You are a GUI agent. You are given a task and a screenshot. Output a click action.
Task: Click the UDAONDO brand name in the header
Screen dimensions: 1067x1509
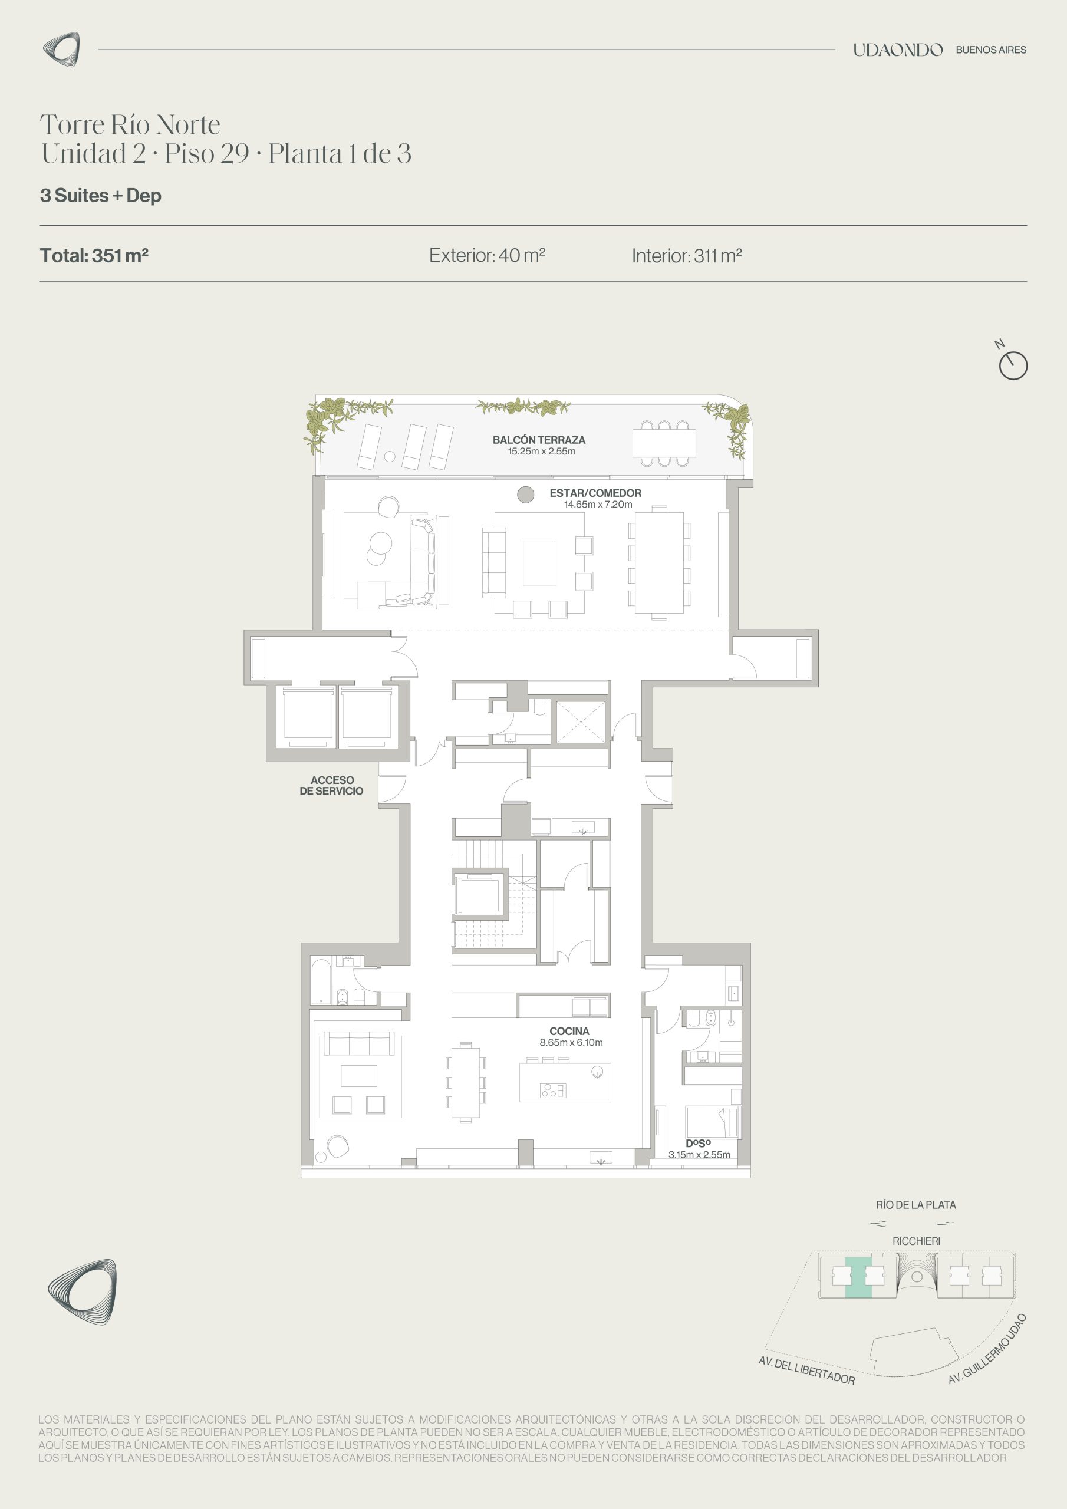coord(897,50)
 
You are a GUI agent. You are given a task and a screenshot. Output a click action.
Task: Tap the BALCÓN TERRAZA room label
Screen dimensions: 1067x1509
coord(539,440)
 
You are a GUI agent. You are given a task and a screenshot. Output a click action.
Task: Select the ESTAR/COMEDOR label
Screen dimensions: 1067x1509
coord(595,493)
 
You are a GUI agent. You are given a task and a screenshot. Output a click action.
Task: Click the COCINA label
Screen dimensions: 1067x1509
coord(569,1031)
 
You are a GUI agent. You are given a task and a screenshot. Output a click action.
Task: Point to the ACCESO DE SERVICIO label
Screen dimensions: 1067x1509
coord(331,785)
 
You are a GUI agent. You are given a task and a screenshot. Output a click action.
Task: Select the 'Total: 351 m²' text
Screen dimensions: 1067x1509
coord(94,255)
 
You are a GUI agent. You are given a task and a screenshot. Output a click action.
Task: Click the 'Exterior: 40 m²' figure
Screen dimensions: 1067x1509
coord(487,255)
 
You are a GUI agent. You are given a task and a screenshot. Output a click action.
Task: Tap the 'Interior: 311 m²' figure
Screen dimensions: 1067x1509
coord(687,256)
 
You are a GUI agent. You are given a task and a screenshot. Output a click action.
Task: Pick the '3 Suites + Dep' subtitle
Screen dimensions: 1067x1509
coord(101,195)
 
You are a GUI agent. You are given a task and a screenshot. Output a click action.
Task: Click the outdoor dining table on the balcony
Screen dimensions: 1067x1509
coord(664,443)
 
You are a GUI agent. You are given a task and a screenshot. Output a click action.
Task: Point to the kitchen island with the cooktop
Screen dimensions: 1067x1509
coord(565,1082)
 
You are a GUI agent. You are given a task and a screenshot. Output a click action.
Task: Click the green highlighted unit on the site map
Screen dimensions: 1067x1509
coord(858,1277)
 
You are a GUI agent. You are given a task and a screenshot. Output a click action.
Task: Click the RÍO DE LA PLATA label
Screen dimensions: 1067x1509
coord(915,1205)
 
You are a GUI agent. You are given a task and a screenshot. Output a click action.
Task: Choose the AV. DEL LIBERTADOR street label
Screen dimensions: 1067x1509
coord(806,1370)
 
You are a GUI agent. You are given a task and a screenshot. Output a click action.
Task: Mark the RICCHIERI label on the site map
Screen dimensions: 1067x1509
coord(915,1241)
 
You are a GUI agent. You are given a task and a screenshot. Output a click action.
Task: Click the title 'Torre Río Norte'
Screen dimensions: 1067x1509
coord(130,125)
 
